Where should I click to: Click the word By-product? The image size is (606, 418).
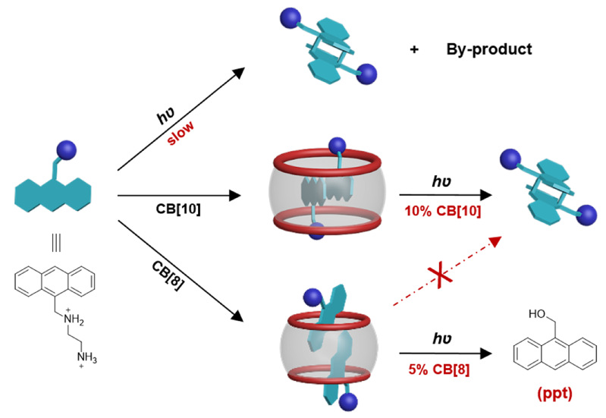point(489,49)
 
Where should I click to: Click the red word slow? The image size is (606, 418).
point(181,133)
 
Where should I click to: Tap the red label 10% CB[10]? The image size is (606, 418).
point(443,211)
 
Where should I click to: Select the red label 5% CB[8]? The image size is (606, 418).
point(439,369)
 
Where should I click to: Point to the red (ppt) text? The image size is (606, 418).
point(554,394)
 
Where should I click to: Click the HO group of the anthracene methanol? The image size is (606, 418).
point(537,313)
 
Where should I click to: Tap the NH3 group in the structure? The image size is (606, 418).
point(87,357)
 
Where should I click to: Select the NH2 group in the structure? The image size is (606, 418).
point(74,319)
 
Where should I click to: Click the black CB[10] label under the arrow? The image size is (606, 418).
point(178,209)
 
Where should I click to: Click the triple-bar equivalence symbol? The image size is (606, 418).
point(56,244)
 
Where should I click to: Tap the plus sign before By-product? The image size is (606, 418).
point(414,49)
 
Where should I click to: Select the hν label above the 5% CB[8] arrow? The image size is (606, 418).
point(441,338)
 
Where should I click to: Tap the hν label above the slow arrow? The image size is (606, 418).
point(166,115)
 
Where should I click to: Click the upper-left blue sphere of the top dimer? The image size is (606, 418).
point(290,17)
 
